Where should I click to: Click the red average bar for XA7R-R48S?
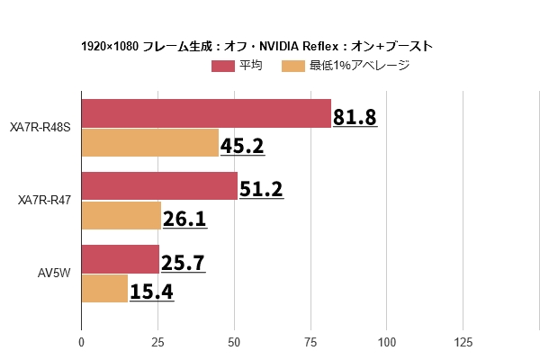click(x=206, y=113)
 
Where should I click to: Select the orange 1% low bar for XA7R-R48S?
click(x=150, y=142)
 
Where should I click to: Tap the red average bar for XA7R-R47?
click(x=159, y=186)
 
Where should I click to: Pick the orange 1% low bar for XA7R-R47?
click(x=121, y=215)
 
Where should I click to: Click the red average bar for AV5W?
click(x=121, y=259)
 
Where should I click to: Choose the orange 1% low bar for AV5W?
click(x=104, y=288)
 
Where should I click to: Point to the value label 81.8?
click(x=355, y=117)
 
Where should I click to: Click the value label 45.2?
click(x=243, y=146)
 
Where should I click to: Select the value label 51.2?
click(x=261, y=190)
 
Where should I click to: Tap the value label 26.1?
click(x=184, y=219)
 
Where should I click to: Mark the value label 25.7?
click(x=183, y=263)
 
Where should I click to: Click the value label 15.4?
click(x=151, y=292)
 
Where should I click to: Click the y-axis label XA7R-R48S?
click(x=40, y=128)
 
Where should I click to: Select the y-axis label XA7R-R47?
click(x=45, y=201)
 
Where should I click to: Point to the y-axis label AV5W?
click(x=55, y=274)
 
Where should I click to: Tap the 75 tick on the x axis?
click(x=310, y=342)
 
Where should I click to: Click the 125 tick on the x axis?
click(x=463, y=342)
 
